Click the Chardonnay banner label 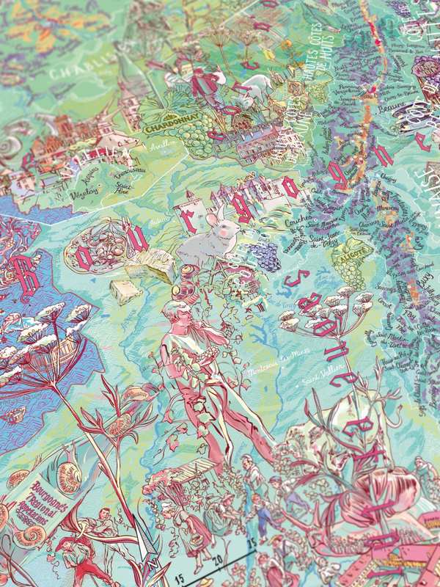[x=166, y=129]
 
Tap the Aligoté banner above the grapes [x=349, y=257]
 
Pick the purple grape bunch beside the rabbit [x=264, y=256]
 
